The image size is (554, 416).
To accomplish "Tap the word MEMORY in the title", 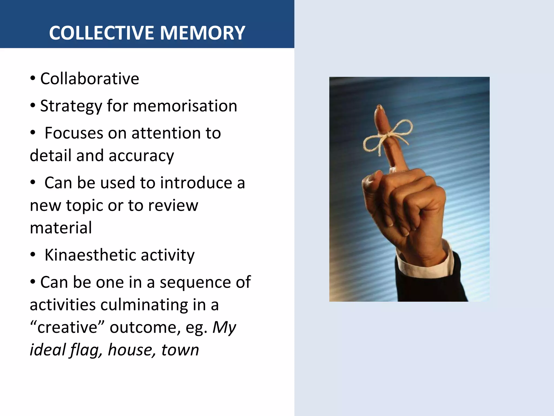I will [203, 33].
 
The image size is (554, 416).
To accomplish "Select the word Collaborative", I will [90, 79].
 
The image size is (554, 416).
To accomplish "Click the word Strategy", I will [71, 106].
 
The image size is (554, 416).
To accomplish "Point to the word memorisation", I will [185, 106].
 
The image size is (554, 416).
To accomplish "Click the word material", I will [61, 228].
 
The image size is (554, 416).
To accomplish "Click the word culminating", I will [144, 305].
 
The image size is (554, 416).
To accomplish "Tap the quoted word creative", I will [67, 327].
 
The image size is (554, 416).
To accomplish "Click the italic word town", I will [180, 350].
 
